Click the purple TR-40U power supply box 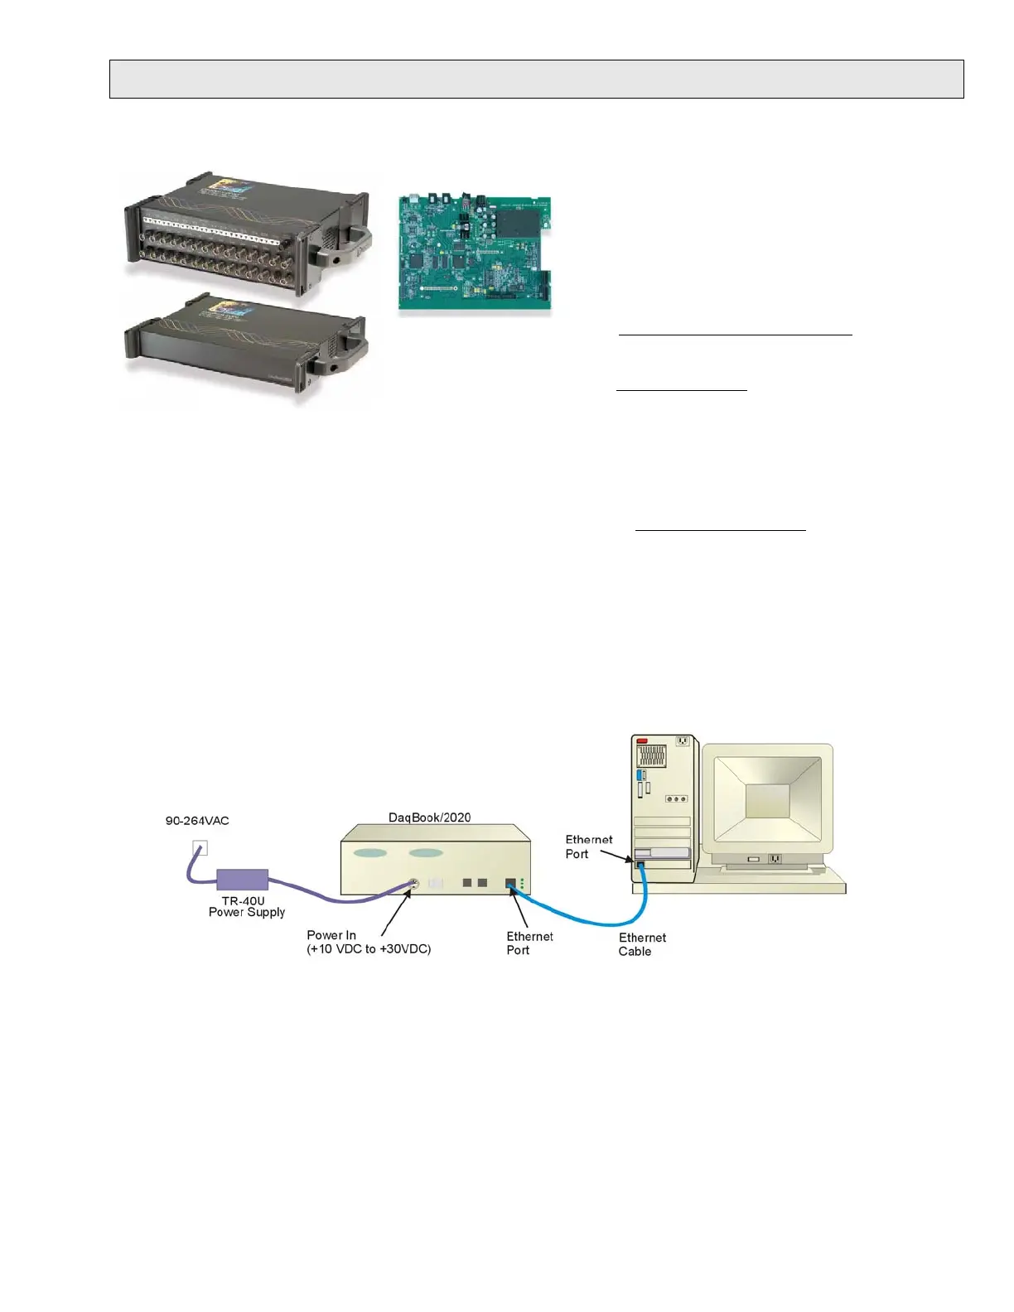[242, 880]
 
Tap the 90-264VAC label [197, 821]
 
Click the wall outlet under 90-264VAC [200, 847]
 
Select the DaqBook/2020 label [429, 818]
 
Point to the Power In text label [331, 935]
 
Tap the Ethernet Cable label [642, 944]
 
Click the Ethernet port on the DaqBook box [511, 885]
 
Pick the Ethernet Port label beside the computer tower [588, 847]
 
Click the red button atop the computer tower [642, 740]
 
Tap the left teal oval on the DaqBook [370, 853]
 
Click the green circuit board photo [475, 253]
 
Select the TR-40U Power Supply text [246, 906]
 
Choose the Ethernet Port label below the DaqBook [529, 943]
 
